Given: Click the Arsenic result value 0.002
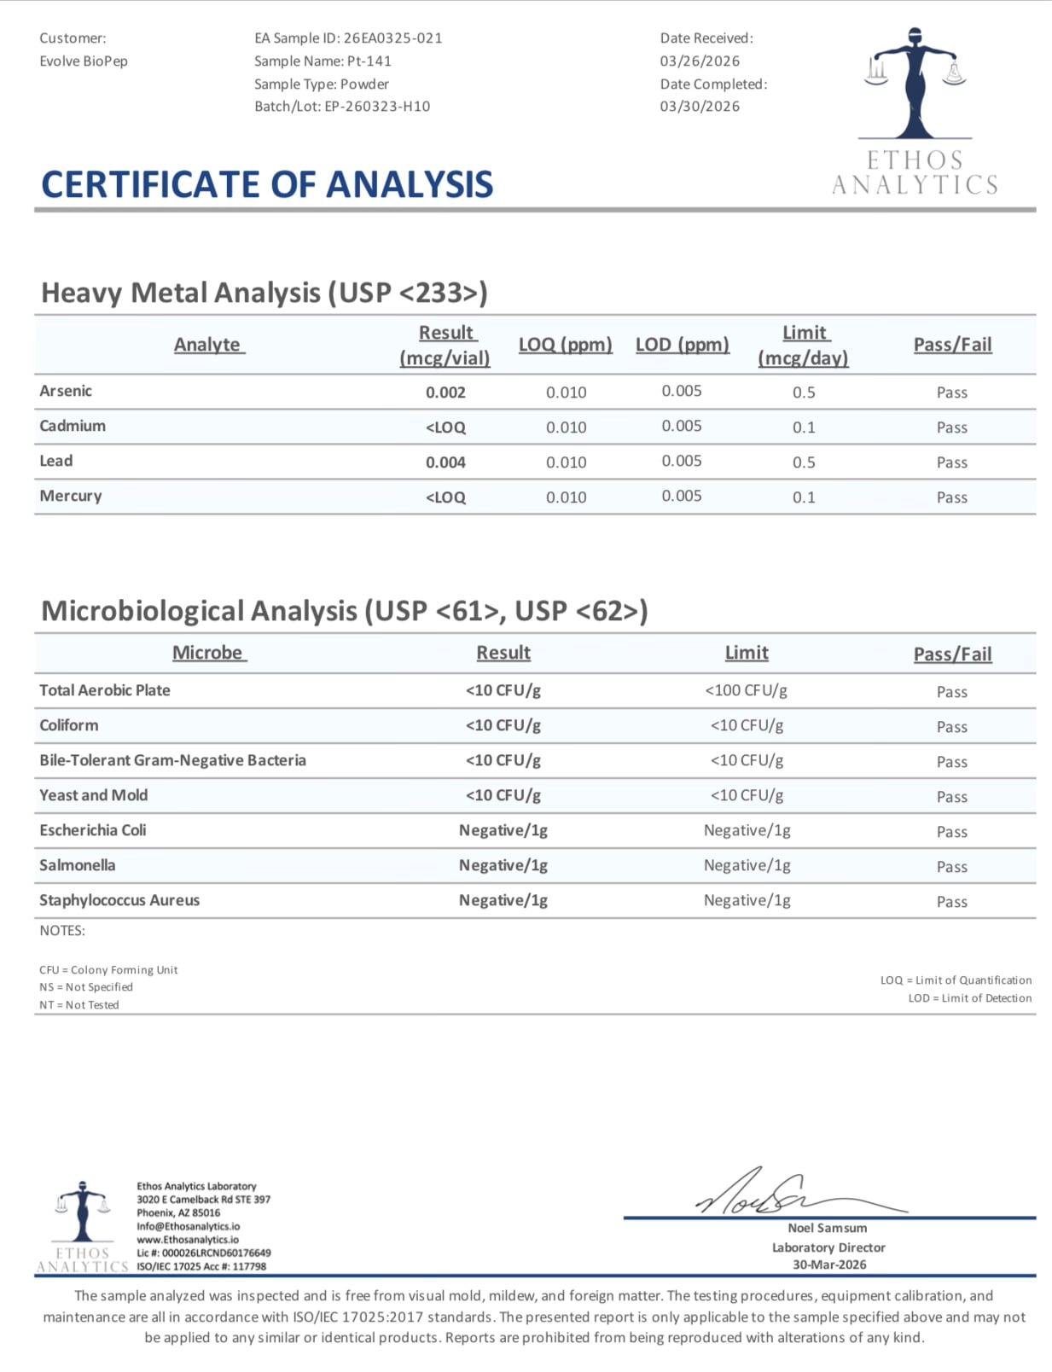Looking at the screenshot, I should coord(445,392).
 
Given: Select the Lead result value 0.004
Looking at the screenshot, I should coord(445,462).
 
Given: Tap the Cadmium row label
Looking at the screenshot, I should coord(73,426).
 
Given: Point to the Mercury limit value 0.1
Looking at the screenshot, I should coord(804,497).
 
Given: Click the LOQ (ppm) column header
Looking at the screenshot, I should coord(566,345).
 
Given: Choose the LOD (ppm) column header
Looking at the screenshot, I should coord(683,345).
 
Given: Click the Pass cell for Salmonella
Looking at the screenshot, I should coord(951,867).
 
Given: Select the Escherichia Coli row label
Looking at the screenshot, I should coord(92,830).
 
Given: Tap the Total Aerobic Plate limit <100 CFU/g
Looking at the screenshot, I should coord(747,690).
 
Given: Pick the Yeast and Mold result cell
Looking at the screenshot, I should coord(503,795).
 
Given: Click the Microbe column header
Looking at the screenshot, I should coord(208,653).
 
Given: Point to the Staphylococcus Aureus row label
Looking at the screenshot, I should coord(119,900).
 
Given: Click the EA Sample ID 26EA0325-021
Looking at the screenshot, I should coord(392,38).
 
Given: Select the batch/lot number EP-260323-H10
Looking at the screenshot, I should coord(377,107).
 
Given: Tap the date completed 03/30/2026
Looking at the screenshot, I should coord(700,107).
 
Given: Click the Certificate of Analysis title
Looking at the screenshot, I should coord(267,184).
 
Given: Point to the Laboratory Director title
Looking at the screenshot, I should coord(828,1247).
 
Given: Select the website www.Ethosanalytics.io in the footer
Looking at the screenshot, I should coord(188,1240).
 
